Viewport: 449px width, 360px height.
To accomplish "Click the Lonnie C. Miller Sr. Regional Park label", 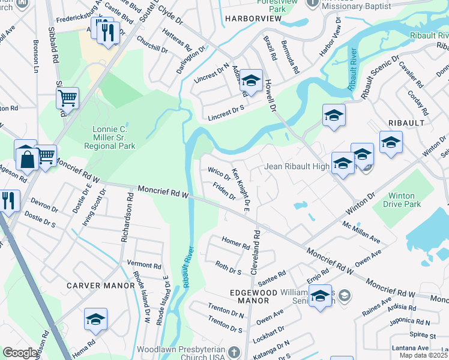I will coord(113,137).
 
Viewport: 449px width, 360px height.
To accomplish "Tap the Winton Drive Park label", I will coord(402,200).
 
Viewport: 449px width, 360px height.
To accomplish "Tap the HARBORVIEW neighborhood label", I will coord(253,19).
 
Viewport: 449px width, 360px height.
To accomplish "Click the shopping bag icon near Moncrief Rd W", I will coord(26,159).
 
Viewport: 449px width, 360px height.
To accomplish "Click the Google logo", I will coord(20,353).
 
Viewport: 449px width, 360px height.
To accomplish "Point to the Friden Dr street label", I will coord(224,193).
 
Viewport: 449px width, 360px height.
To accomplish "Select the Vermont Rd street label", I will coord(145,265).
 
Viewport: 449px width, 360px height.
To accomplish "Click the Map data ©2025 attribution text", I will coord(424,355).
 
